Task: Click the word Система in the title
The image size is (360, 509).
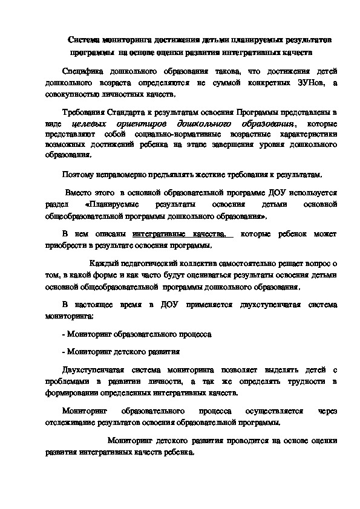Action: pos(82,40)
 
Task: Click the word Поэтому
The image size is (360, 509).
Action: pos(77,175)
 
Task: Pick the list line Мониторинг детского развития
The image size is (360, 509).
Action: pos(123,351)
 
